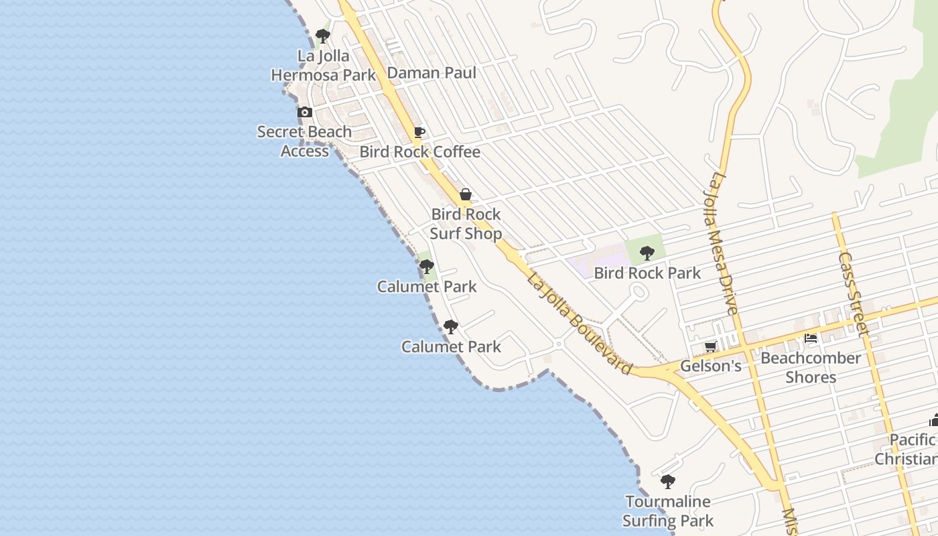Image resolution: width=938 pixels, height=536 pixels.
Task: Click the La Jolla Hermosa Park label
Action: [x=324, y=65]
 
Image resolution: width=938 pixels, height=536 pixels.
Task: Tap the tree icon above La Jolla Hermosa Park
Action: [x=323, y=36]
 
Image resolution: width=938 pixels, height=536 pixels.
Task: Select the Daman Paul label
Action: [x=431, y=72]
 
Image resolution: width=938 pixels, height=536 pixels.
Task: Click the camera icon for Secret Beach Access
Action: [x=305, y=112]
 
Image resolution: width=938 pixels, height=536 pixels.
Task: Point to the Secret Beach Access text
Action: [x=305, y=141]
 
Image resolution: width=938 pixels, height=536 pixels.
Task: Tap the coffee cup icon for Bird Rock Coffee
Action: [x=419, y=132]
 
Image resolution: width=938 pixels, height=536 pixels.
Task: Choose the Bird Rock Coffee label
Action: [x=420, y=152]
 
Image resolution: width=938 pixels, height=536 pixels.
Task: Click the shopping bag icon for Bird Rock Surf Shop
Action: [x=466, y=194]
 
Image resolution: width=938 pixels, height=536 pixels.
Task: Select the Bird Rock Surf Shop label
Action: [x=466, y=224]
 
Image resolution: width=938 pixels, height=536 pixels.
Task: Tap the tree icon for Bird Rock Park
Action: [x=647, y=253]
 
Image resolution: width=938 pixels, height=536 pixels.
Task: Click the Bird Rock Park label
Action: [x=647, y=273]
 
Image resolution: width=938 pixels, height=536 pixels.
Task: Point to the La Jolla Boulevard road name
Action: [x=580, y=324]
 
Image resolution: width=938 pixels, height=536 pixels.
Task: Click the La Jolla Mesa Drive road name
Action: [x=724, y=244]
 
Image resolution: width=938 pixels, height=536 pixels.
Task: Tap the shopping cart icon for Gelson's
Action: [x=711, y=346]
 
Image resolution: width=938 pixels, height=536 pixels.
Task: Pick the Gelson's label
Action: [x=711, y=366]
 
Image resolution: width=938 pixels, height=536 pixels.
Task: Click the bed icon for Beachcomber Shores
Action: [x=811, y=338]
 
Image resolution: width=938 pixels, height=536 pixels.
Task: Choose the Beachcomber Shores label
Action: [x=811, y=367]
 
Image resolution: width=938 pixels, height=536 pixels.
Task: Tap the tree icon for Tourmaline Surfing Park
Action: [x=668, y=481]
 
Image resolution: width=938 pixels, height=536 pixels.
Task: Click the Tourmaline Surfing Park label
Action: [x=668, y=511]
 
